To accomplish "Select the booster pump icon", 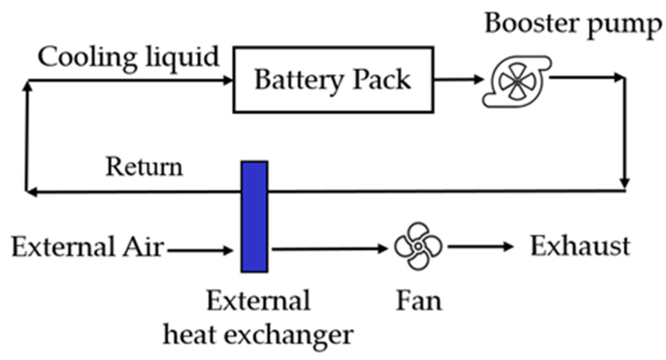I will (x=517, y=81).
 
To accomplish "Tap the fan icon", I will (x=418, y=246).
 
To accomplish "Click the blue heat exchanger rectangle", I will (x=254, y=217).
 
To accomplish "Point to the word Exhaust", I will (x=580, y=246).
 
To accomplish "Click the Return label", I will (x=144, y=167).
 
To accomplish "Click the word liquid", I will (x=182, y=58).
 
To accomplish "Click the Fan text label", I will (x=419, y=300).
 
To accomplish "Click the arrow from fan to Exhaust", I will (x=480, y=246).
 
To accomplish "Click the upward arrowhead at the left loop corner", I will (x=27, y=86).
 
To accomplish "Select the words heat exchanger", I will (x=258, y=335).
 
